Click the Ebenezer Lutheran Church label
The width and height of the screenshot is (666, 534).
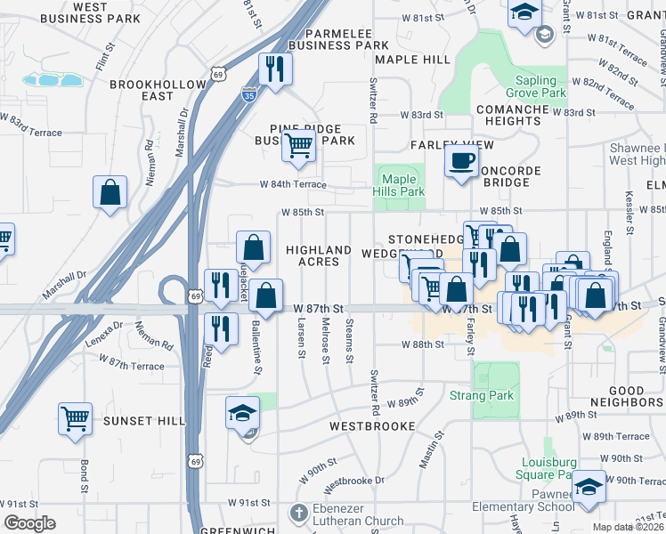tap(358, 514)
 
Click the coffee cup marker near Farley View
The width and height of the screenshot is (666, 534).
tap(461, 161)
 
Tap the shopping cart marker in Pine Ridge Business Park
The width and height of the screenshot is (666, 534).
tap(299, 145)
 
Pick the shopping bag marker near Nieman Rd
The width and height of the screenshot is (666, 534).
tap(110, 191)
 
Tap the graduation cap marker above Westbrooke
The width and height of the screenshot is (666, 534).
tap(243, 413)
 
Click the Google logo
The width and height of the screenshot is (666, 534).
tap(29, 523)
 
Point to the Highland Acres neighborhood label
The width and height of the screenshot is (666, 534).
tap(318, 256)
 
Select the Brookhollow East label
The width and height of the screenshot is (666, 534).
tap(142, 90)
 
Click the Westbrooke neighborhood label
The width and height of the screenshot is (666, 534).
tap(372, 426)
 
